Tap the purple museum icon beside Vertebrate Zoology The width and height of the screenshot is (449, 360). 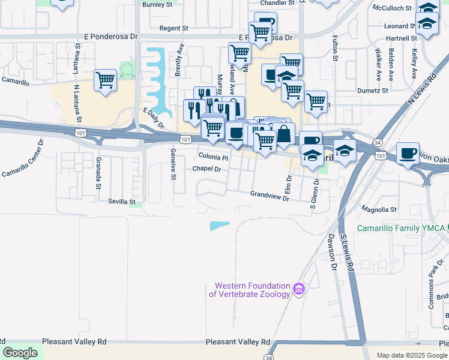[298, 290]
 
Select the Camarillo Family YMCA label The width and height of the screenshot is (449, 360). [401, 228]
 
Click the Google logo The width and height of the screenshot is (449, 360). [20, 353]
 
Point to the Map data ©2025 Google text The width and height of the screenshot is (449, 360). [411, 355]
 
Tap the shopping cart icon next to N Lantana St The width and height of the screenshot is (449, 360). [105, 80]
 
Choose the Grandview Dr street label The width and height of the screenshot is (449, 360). [270, 194]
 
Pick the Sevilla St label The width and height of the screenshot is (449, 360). [122, 202]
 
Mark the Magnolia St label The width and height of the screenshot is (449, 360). [379, 209]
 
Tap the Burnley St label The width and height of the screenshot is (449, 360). [157, 4]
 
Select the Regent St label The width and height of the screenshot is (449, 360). [174, 28]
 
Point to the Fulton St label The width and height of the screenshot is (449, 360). [335, 50]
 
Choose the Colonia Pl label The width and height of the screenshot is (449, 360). [213, 158]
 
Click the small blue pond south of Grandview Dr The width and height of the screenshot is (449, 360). [219, 226]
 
